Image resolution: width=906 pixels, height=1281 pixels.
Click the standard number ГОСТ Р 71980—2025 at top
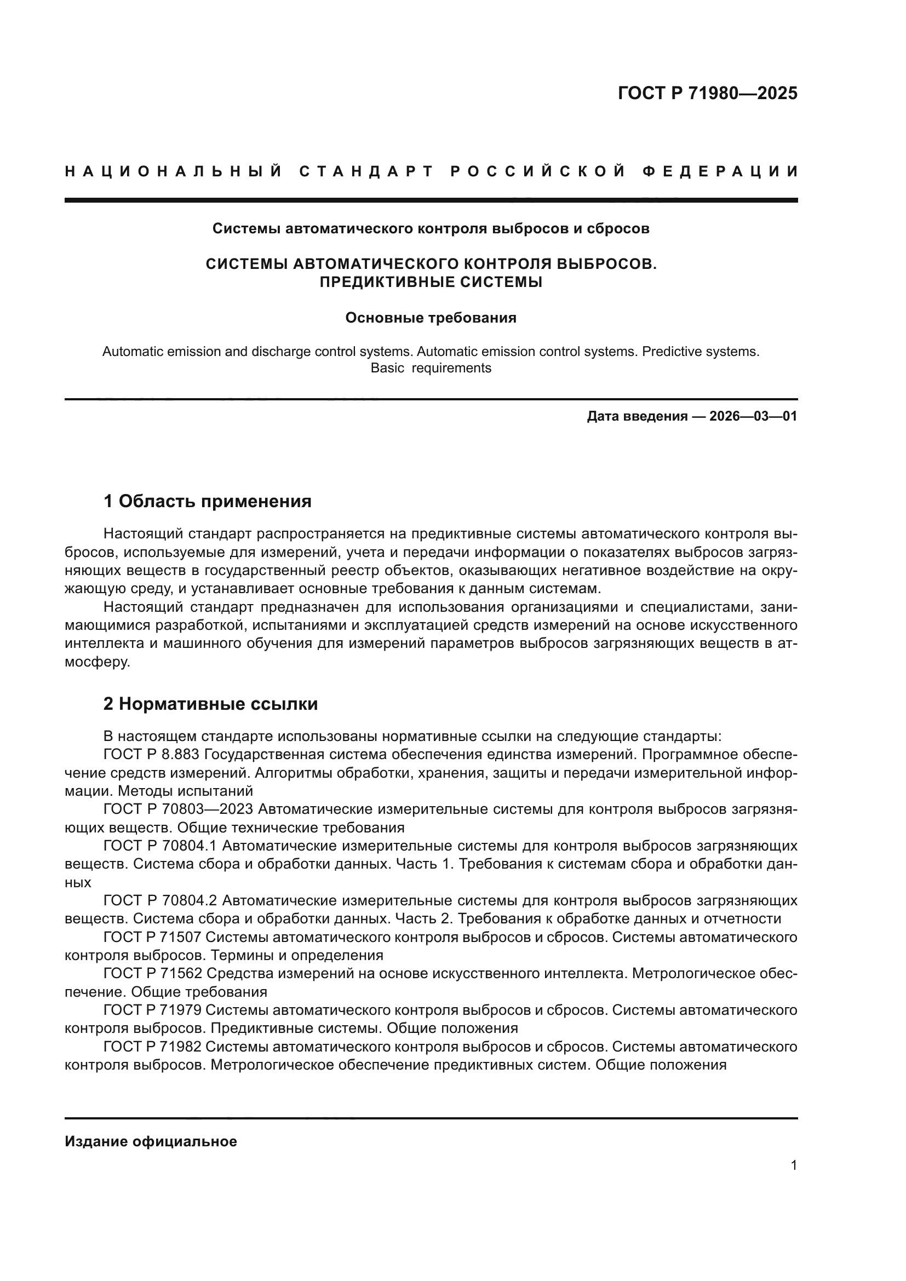tap(707, 93)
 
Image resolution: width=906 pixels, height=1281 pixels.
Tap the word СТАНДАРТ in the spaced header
tap(366, 171)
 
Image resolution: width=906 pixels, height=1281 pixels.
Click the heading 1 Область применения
tap(207, 501)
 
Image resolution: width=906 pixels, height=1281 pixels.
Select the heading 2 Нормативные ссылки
tap(210, 704)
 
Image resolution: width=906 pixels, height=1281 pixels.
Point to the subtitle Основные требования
tap(431, 318)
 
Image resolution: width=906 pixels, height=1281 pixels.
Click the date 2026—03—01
tap(753, 416)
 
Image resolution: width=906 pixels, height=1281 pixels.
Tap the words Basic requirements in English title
tap(431, 368)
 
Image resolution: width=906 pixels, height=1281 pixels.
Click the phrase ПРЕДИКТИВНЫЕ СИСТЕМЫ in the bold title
tap(431, 282)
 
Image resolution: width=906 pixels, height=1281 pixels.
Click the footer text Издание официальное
tap(151, 1141)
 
